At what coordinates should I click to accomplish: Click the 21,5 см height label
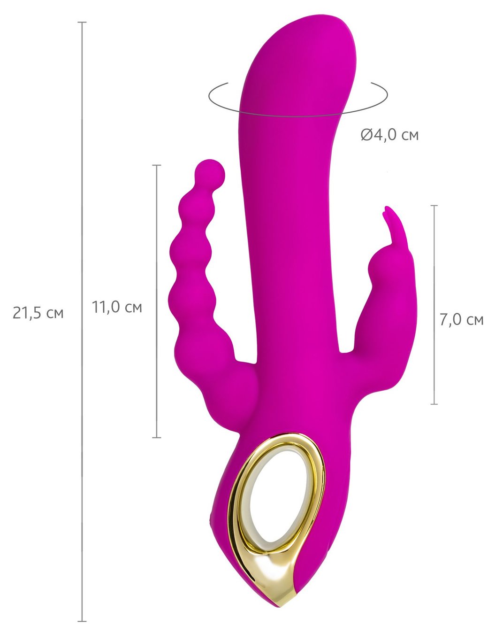38,313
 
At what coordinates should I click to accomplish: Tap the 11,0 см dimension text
117,307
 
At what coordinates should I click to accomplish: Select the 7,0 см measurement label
462,320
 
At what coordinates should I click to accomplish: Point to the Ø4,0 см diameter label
390,135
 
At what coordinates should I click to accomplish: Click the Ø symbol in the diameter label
366,135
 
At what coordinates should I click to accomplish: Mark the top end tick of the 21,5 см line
82,22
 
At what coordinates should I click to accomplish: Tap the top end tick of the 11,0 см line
157,165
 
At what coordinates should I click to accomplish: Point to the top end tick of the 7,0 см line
434,205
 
